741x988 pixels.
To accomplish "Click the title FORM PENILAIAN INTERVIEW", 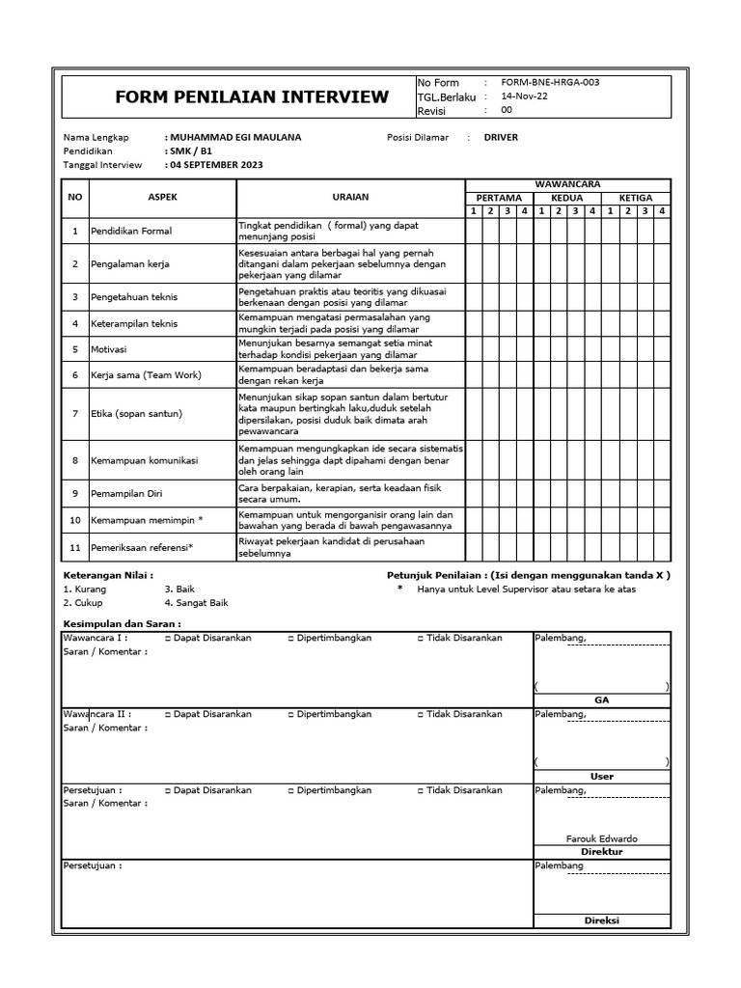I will point(252,96).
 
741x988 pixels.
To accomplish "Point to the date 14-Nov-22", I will point(523,96).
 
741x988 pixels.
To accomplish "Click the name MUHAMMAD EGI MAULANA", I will point(234,137).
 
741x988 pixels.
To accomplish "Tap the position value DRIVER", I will point(501,137).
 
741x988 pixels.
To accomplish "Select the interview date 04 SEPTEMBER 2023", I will point(215,165).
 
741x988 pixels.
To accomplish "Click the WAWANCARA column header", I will point(568,183).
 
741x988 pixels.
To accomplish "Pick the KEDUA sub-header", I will point(567,198).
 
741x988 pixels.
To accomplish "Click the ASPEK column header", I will point(162,197).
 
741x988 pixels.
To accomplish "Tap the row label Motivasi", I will point(109,349).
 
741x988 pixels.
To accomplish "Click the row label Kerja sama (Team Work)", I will point(146,375).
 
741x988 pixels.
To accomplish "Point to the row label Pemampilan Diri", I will point(126,493).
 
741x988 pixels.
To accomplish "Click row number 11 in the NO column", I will point(74,548).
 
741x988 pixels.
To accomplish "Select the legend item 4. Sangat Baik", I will point(196,602).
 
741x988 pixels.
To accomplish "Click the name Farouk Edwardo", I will point(601,838).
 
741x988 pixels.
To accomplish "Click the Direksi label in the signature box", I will point(601,920).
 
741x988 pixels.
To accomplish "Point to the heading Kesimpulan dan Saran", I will point(122,623).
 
